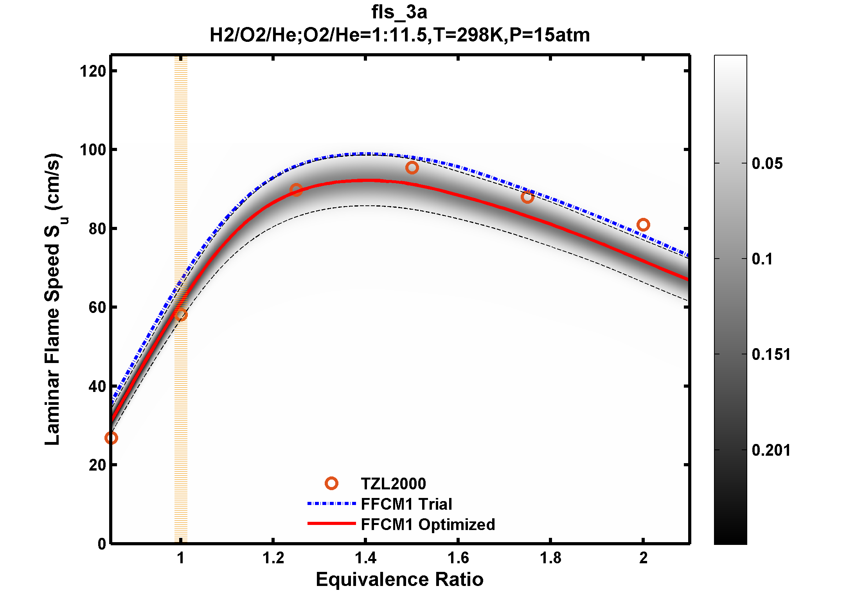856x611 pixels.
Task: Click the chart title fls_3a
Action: pos(399,13)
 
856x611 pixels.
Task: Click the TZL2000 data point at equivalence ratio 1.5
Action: pos(412,168)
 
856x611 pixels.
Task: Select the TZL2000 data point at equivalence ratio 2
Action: pos(643,225)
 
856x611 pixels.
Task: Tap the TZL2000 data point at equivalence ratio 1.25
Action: pos(296,190)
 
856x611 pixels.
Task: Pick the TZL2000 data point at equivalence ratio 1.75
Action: pos(527,197)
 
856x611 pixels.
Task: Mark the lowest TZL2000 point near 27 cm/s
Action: pos(111,438)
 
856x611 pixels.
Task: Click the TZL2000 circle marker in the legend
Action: pos(331,483)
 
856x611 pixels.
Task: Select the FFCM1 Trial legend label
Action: pos(406,504)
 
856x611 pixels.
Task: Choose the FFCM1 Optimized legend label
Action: pos(428,525)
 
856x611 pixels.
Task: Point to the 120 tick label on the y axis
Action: pos(93,72)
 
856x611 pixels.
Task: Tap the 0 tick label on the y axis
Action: pos(102,544)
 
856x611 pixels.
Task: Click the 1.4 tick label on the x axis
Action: pos(365,558)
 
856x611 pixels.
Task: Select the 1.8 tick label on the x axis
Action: pos(550,558)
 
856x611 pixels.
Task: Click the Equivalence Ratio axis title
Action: pos(399,579)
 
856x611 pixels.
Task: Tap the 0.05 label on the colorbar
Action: pos(767,164)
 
